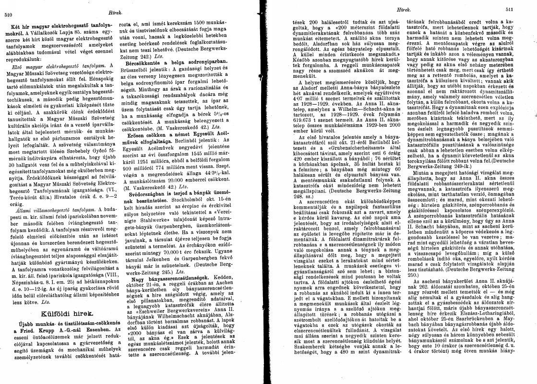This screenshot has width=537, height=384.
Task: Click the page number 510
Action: [x=8, y=15]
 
